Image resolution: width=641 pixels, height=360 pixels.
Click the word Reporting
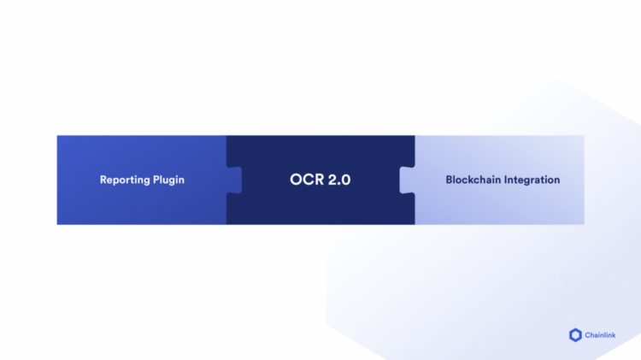(125, 180)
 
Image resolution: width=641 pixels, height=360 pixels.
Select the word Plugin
(169, 180)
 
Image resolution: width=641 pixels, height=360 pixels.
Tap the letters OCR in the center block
(307, 180)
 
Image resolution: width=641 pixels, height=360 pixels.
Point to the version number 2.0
(339, 180)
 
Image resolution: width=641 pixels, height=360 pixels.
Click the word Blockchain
(473, 180)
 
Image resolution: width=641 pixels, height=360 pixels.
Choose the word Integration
(532, 180)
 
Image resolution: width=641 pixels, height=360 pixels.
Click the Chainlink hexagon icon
(575, 335)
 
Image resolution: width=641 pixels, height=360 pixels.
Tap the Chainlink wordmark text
(600, 335)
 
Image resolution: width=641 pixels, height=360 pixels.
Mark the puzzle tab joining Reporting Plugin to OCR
(234, 180)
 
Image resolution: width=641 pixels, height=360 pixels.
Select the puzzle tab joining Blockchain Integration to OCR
(407, 180)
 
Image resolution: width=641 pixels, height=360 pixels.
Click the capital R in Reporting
(103, 180)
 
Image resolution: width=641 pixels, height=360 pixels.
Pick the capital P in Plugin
(156, 180)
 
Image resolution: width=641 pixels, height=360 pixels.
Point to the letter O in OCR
(296, 180)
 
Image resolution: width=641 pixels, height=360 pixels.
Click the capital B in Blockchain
(450, 180)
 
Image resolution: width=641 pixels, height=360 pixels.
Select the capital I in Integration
(505, 180)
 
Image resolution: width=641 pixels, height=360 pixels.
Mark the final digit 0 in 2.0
(346, 180)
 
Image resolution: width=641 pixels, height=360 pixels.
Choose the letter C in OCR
(309, 180)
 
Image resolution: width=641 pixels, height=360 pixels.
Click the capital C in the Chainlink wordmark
(588, 335)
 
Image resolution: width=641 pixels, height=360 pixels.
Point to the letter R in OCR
(320, 180)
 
